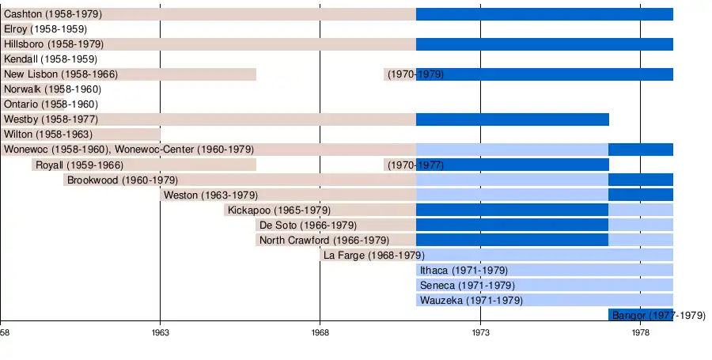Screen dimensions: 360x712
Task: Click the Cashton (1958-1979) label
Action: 53,14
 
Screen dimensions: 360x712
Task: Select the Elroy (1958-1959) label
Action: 45,29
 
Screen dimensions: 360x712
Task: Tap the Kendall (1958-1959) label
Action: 51,59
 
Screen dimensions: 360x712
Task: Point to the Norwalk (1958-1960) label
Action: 52,89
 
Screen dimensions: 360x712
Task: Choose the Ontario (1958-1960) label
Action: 51,104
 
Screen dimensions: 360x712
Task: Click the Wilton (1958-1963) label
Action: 47,135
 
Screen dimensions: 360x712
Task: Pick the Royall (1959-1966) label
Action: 79,165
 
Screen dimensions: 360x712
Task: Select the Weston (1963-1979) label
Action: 210,195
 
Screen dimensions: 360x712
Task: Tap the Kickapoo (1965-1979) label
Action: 278,210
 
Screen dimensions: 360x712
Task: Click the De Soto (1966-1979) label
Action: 308,225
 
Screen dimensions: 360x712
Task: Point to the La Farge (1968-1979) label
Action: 373,256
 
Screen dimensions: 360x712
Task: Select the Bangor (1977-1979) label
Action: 658,316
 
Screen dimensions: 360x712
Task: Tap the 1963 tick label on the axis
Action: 161,333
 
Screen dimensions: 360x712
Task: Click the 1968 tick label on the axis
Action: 320,333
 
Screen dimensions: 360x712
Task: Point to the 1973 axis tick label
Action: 480,333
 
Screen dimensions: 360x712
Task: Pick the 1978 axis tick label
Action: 641,333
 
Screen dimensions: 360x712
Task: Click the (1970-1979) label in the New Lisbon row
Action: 415,74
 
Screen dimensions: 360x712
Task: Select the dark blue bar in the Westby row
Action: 513,119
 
